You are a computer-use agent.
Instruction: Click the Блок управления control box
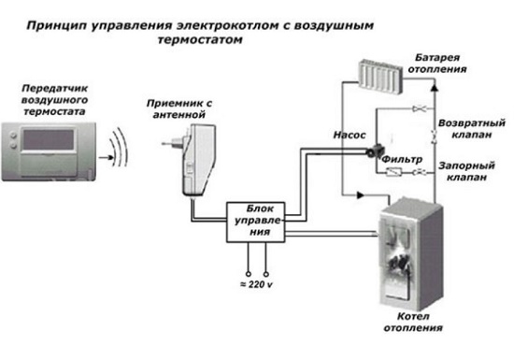tap(256, 222)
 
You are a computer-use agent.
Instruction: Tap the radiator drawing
tap(380, 77)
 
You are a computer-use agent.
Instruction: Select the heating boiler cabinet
tap(411, 254)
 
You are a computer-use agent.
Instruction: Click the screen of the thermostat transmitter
tap(49, 139)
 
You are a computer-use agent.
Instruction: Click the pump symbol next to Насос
tap(374, 151)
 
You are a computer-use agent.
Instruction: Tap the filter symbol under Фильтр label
tap(393, 171)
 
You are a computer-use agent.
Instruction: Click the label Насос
tap(350, 135)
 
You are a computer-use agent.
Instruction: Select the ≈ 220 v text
tap(256, 284)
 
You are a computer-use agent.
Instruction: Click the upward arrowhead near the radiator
tap(435, 87)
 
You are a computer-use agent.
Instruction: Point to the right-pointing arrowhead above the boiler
tap(361, 195)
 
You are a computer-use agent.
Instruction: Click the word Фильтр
tap(402, 159)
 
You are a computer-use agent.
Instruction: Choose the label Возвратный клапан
tap(472, 129)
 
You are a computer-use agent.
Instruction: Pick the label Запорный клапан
tap(466, 171)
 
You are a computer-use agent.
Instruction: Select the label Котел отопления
tap(413, 322)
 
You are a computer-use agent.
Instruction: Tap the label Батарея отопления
tap(437, 64)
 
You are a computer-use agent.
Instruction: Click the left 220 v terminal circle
tap(249, 274)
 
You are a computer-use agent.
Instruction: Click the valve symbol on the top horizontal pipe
tap(419, 108)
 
